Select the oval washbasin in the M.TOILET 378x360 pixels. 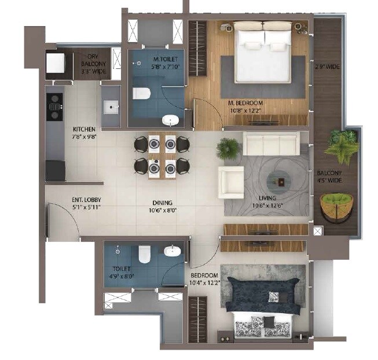(x=170, y=120)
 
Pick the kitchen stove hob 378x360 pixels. (x=54, y=103)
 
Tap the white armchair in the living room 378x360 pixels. (x=230, y=182)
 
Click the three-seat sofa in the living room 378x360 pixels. (x=271, y=143)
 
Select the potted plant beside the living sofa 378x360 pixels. (x=227, y=149)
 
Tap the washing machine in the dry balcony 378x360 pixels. (x=56, y=63)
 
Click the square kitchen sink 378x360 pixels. (x=111, y=106)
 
